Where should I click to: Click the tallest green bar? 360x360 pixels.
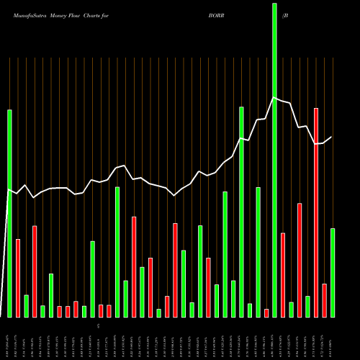pyautogui.click(x=274, y=158)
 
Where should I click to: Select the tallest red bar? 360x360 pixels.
pyautogui.click(x=316, y=212)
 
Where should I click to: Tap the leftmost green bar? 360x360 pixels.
pyautogui.click(x=10, y=213)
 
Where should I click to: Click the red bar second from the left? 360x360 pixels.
pyautogui.click(x=35, y=271)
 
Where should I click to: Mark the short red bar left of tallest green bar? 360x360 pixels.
pyautogui.click(x=266, y=312)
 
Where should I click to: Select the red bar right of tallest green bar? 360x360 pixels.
pyautogui.click(x=283, y=274)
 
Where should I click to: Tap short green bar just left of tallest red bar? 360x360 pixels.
pyautogui.click(x=307, y=306)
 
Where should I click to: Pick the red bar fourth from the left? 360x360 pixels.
pyautogui.click(x=68, y=311)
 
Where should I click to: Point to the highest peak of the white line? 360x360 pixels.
pyautogui.click(x=274, y=98)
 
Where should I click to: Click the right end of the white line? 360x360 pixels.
pyautogui.click(x=332, y=137)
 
